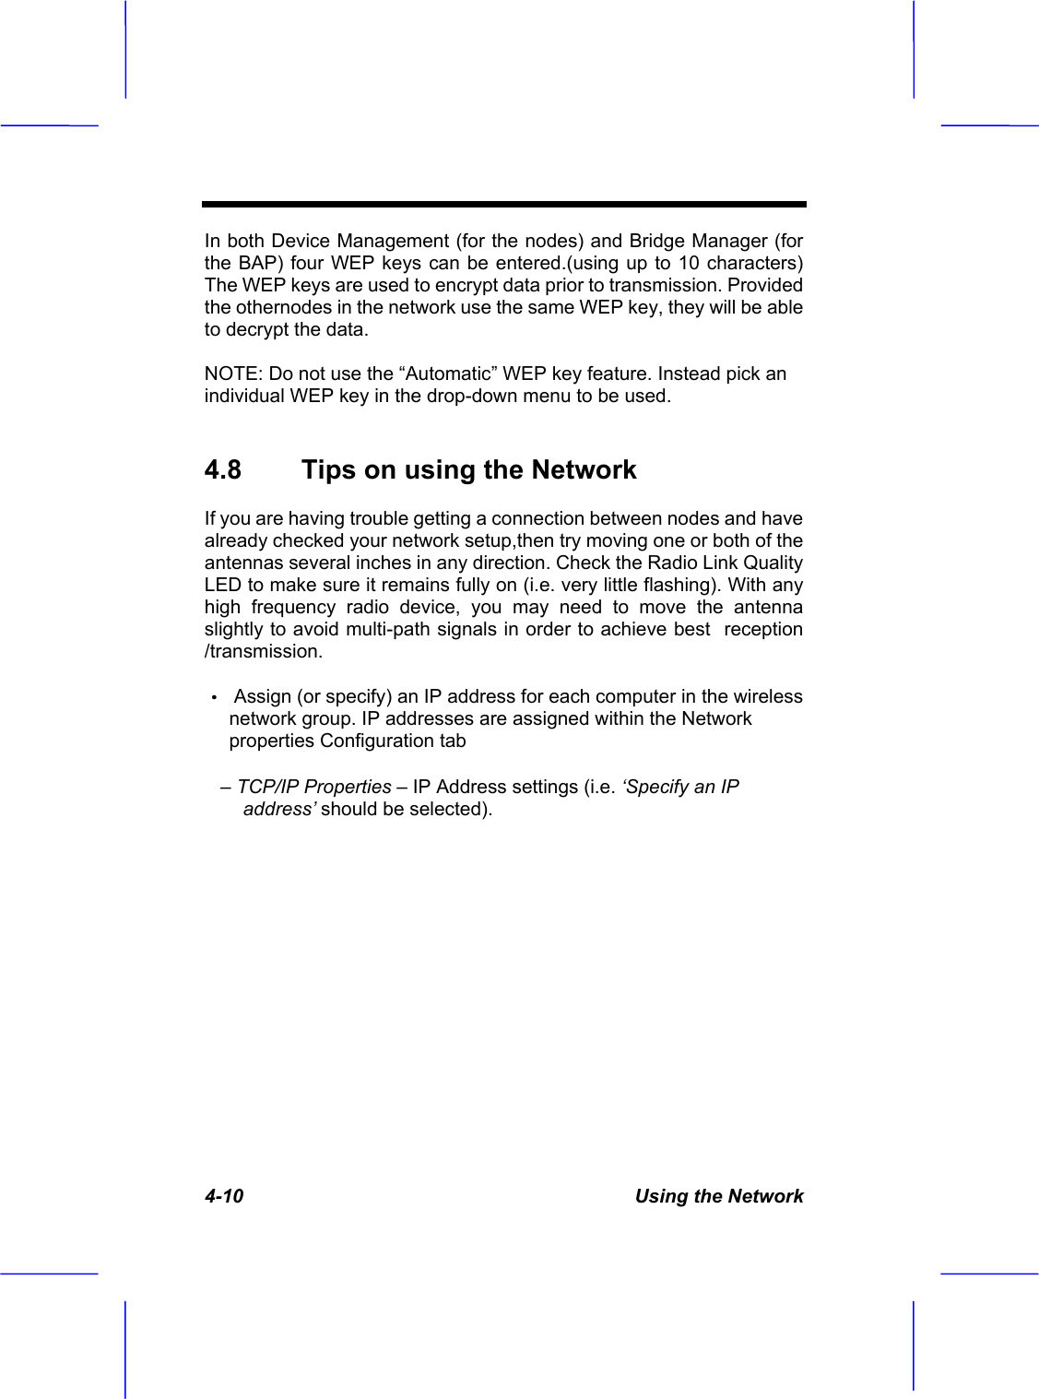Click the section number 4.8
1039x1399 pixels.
pos(222,470)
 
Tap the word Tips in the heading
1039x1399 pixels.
pos(328,470)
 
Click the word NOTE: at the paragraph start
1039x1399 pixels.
pos(233,373)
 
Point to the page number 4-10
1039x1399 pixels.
pos(224,1196)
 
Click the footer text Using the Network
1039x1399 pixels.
pos(718,1196)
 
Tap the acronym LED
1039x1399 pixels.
pos(222,585)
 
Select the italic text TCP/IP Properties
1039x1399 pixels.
pos(314,787)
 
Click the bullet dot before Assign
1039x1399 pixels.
pos(213,697)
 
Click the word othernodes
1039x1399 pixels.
pos(277,307)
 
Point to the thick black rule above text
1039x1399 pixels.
pos(504,204)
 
